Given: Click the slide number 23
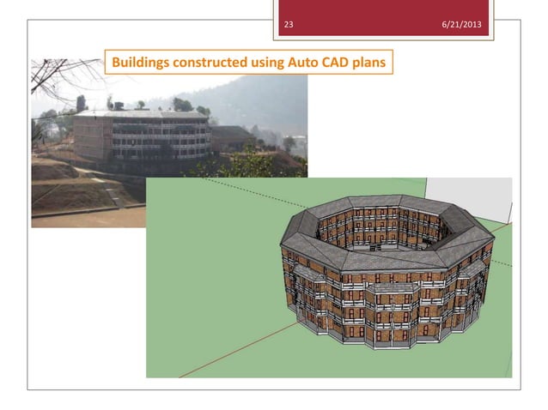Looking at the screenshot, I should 289,23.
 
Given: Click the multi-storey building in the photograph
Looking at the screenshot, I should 142,137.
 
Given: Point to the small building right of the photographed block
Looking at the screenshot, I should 230,137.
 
